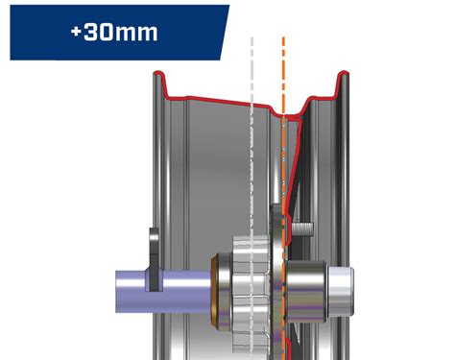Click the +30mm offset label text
click(113, 31)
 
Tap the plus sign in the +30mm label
click(77, 31)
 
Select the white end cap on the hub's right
click(343, 288)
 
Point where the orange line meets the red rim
click(284, 117)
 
